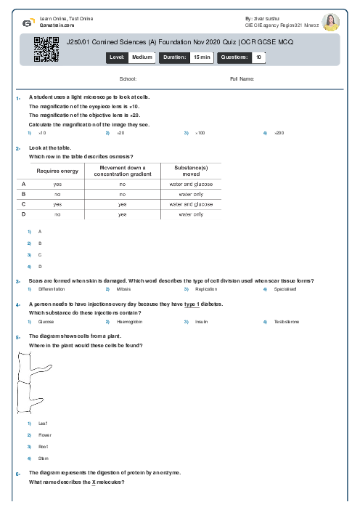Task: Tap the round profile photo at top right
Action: coord(331,21)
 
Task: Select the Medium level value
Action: coord(142,56)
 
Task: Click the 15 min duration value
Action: coord(201,56)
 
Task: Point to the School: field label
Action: coord(128,78)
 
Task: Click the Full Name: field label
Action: coord(242,78)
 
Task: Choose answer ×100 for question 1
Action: coord(200,133)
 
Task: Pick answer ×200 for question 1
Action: coord(279,133)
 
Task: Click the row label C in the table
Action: coord(24,204)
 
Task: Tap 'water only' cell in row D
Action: coord(191,214)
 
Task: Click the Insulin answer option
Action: coord(202,321)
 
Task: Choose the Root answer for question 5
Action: coord(43,446)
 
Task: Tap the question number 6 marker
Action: coord(17,474)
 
